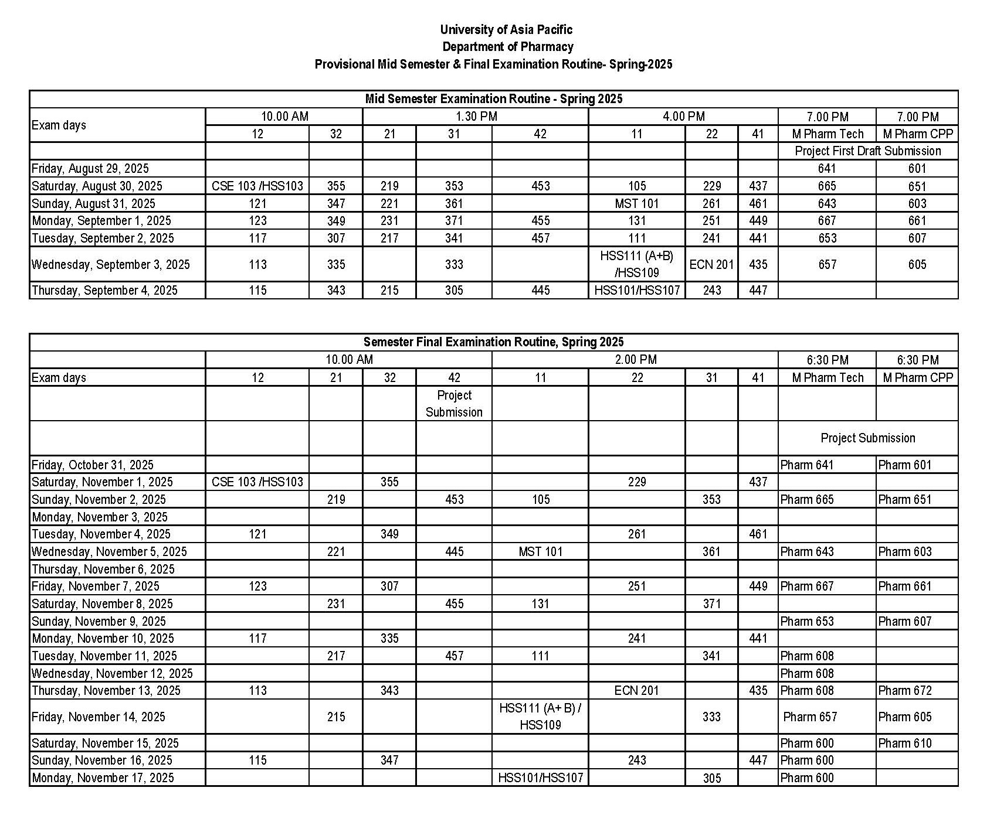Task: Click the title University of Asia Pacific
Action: tap(506, 29)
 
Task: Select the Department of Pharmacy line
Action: tap(507, 46)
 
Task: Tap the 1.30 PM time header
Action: tap(476, 116)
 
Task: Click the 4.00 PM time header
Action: tap(683, 116)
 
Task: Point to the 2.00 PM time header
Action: tap(636, 359)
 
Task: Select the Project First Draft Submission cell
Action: tap(867, 151)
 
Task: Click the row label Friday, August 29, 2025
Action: tap(90, 169)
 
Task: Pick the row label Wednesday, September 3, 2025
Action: tap(111, 264)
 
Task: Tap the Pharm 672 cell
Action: tap(905, 690)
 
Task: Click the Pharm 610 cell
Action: tap(905, 743)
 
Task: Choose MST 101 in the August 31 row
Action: tap(637, 203)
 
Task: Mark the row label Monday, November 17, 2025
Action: tap(103, 778)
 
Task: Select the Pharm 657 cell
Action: tap(810, 717)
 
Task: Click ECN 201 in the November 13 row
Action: tap(637, 690)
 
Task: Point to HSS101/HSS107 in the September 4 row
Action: tap(637, 290)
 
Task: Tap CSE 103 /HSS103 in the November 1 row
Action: tap(257, 482)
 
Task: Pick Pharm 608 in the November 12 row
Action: tap(807, 673)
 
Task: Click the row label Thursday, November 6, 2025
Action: tap(103, 569)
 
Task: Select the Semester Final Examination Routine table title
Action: tap(493, 342)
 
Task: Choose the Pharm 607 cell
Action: tap(905, 621)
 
